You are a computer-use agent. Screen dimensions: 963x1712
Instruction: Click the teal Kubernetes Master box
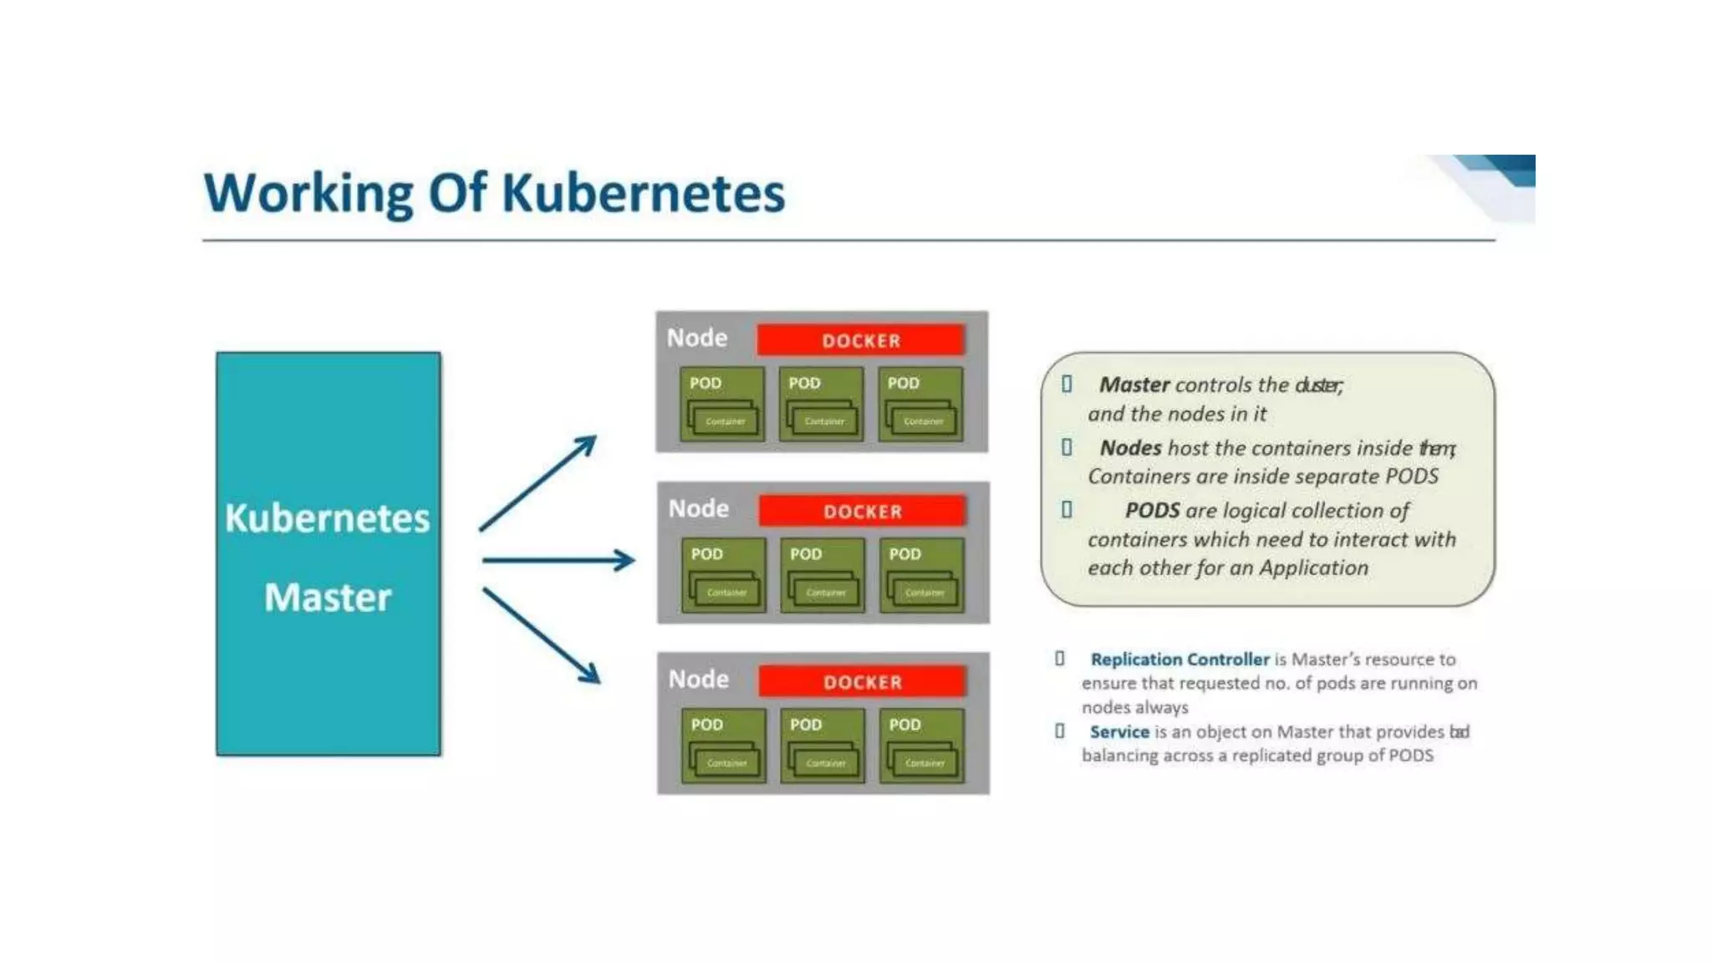click(328, 553)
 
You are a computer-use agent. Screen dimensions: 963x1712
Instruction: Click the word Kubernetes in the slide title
click(643, 194)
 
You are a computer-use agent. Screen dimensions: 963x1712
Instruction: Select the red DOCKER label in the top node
click(860, 340)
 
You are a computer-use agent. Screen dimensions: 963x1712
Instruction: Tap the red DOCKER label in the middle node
click(862, 511)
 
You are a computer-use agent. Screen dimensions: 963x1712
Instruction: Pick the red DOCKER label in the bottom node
click(862, 681)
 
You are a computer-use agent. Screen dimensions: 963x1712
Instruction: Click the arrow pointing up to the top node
click(538, 483)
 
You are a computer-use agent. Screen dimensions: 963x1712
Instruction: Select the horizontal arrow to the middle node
click(558, 560)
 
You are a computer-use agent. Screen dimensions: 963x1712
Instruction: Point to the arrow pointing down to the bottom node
click(541, 635)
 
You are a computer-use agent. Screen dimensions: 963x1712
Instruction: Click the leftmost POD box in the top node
click(721, 404)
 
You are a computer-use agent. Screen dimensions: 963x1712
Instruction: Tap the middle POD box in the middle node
click(822, 575)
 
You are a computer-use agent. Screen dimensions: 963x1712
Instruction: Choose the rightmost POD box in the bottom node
click(921, 746)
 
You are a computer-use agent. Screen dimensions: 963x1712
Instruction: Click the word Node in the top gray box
click(697, 338)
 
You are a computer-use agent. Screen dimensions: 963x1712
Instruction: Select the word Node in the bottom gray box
click(699, 679)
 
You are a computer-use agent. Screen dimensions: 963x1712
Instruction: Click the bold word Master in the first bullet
click(1134, 385)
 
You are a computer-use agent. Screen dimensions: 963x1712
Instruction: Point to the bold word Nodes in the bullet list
click(1130, 448)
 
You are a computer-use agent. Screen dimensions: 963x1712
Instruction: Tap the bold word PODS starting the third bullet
click(1152, 510)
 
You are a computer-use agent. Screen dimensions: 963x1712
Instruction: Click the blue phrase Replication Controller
click(1180, 659)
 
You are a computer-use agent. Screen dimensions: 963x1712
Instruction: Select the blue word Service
click(1119, 731)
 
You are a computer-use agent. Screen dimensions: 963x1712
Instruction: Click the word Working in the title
click(308, 194)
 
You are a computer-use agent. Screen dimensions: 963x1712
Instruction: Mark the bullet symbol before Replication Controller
click(1060, 659)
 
